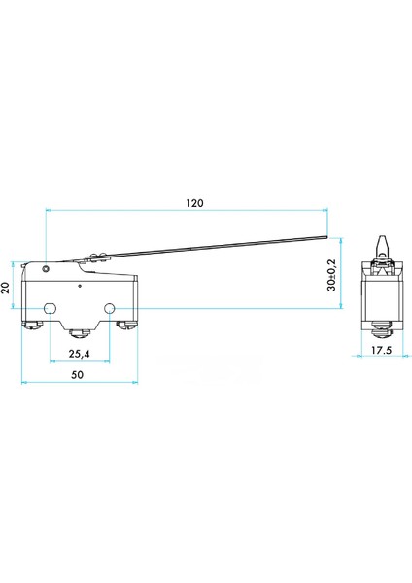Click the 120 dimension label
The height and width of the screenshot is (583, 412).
tap(194, 204)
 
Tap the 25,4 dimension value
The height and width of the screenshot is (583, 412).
tap(81, 354)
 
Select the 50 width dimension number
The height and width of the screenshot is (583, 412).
tap(77, 374)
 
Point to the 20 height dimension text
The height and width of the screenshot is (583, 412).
tap(7, 288)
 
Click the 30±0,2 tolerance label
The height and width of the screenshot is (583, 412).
tap(331, 276)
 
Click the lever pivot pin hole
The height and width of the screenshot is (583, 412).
tap(44, 267)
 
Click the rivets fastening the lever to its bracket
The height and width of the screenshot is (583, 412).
tap(95, 257)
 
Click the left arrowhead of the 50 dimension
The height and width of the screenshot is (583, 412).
tap(23, 380)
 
